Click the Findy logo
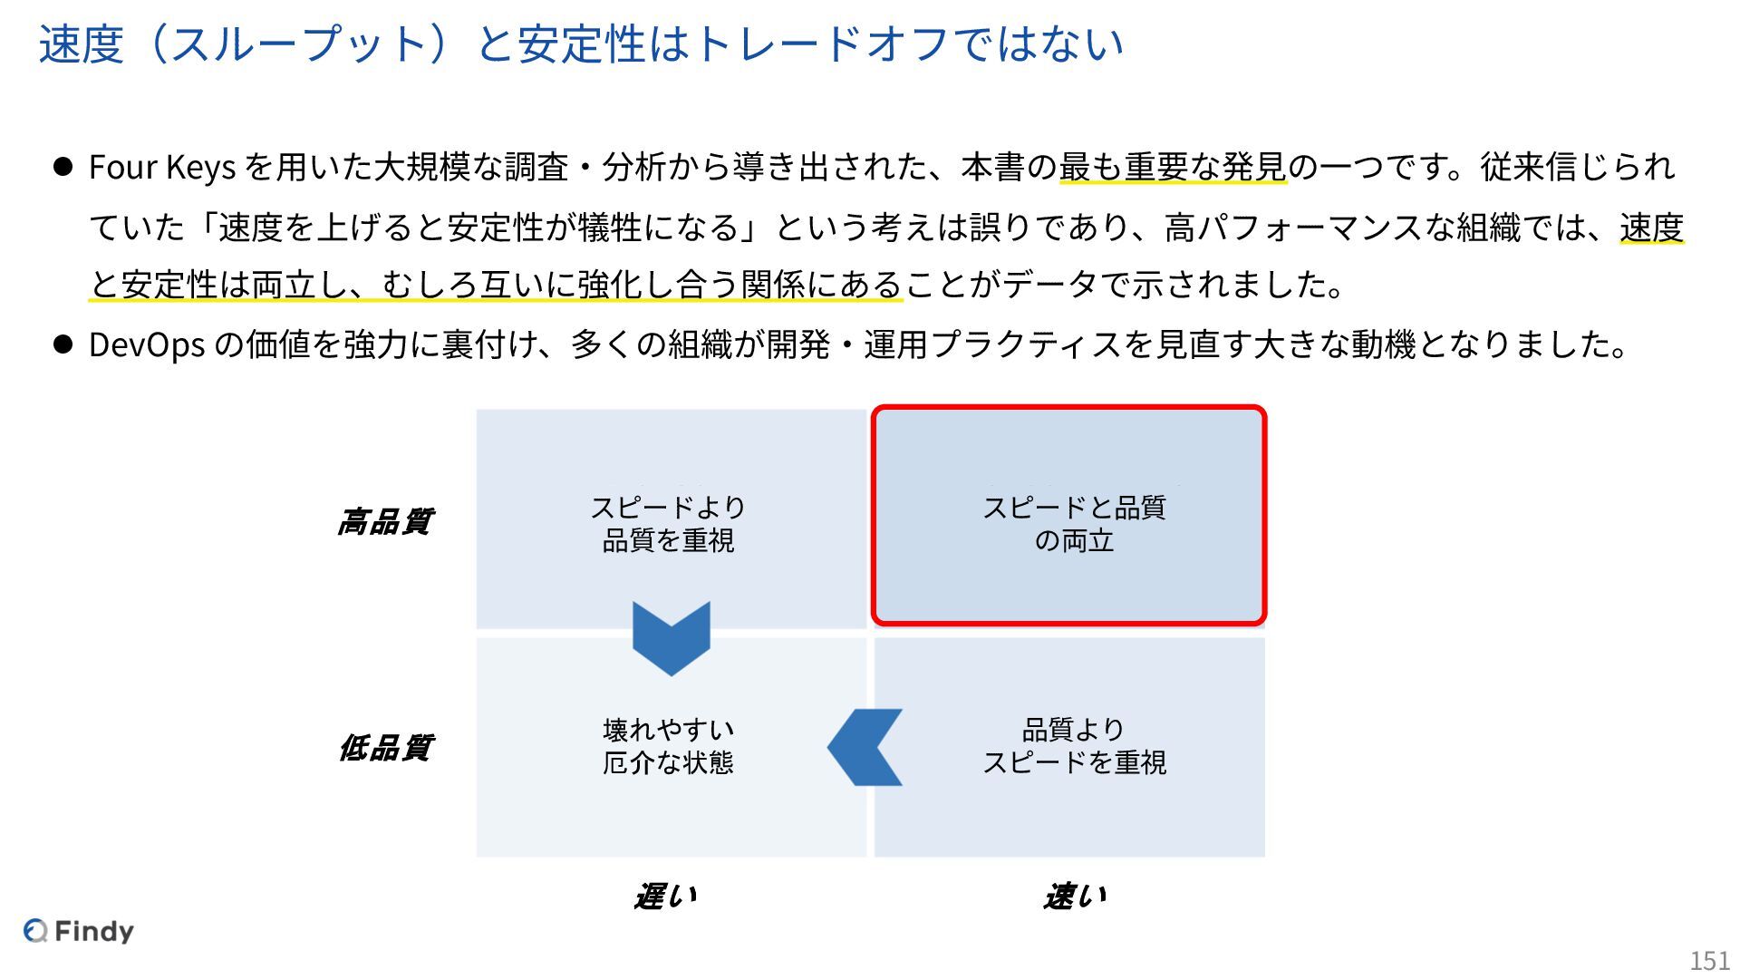79,931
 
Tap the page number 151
1709,960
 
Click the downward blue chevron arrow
671,637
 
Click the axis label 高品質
385,522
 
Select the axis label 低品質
385,748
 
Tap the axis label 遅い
666,897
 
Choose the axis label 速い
1075,897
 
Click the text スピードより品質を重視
669,524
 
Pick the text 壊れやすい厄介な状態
669,746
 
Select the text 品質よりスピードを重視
1075,746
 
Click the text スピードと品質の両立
1075,524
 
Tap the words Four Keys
162,168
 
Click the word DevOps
147,344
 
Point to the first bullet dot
63,167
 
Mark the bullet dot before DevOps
63,344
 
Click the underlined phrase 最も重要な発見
1173,168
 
